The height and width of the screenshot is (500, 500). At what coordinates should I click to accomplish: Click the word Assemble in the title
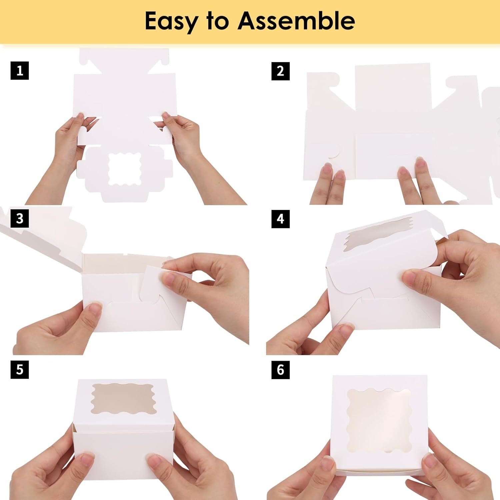click(x=296, y=21)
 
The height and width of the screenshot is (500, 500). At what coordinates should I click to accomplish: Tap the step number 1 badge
click(x=20, y=71)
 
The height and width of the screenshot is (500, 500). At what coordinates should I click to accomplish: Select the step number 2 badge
click(x=280, y=71)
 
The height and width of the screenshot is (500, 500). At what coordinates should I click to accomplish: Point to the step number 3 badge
click(x=20, y=219)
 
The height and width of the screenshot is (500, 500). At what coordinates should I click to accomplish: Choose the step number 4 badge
click(x=280, y=219)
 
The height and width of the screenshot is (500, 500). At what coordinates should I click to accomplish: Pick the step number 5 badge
click(x=20, y=370)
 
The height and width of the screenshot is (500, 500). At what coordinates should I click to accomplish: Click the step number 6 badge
click(x=280, y=370)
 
